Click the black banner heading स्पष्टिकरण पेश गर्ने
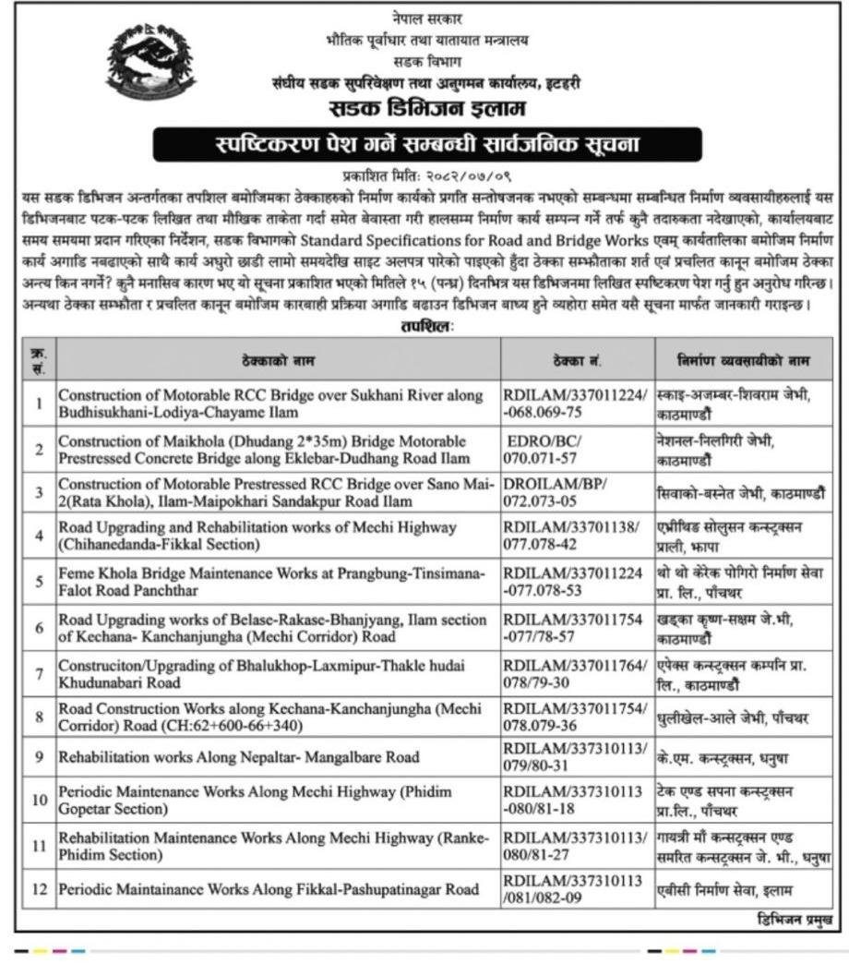click(424, 145)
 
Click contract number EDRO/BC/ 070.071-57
click(547, 450)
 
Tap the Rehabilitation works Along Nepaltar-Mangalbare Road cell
click(239, 757)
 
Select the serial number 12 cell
click(40, 890)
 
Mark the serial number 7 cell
click(40, 673)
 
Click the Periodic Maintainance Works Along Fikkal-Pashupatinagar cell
click(269, 890)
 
